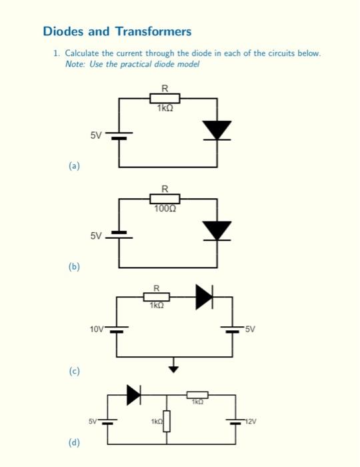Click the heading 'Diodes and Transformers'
(117, 31)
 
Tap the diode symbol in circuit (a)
(217, 131)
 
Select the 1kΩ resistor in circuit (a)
(164, 99)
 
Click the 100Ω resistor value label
(165, 209)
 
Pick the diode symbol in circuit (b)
(217, 230)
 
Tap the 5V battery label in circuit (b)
(96, 236)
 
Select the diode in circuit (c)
(204, 298)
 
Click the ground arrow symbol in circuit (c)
(174, 367)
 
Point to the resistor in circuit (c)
(157, 297)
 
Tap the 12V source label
(250, 421)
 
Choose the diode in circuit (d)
(134, 395)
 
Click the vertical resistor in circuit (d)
(167, 422)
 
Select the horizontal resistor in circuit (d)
(197, 395)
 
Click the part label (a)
(73, 167)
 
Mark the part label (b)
(73, 267)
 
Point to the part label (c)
(73, 370)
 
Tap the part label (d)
(73, 442)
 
